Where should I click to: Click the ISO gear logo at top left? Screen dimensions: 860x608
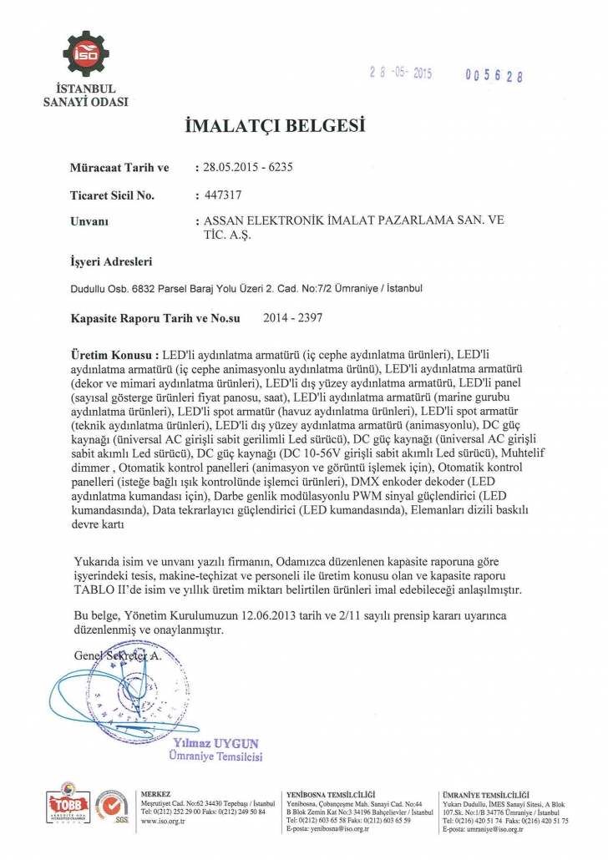[x=86, y=54]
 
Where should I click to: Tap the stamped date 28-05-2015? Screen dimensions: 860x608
[x=400, y=73]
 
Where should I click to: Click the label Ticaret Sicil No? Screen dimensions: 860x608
[x=112, y=195]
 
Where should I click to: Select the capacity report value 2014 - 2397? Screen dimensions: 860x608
[x=292, y=317]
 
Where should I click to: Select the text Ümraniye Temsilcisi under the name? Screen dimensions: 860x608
[x=215, y=756]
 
